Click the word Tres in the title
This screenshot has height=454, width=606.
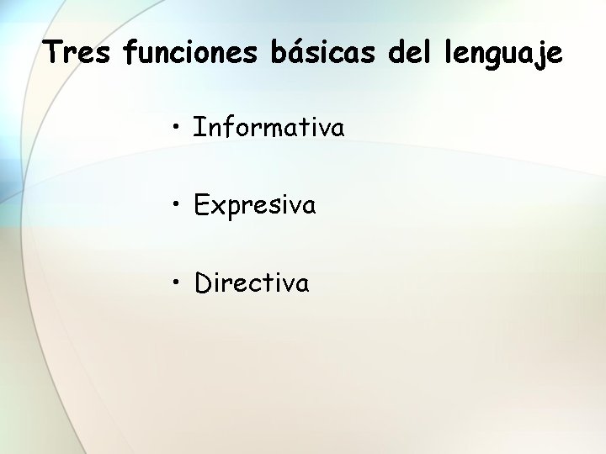[x=78, y=53]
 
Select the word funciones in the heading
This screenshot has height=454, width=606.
[x=192, y=53]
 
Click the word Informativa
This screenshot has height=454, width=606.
[x=268, y=128]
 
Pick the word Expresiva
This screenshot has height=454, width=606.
[x=255, y=205]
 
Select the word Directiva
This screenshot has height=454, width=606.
[x=252, y=282]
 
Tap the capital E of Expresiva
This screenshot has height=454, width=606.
[x=201, y=205]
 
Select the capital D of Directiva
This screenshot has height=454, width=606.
[x=203, y=282]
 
